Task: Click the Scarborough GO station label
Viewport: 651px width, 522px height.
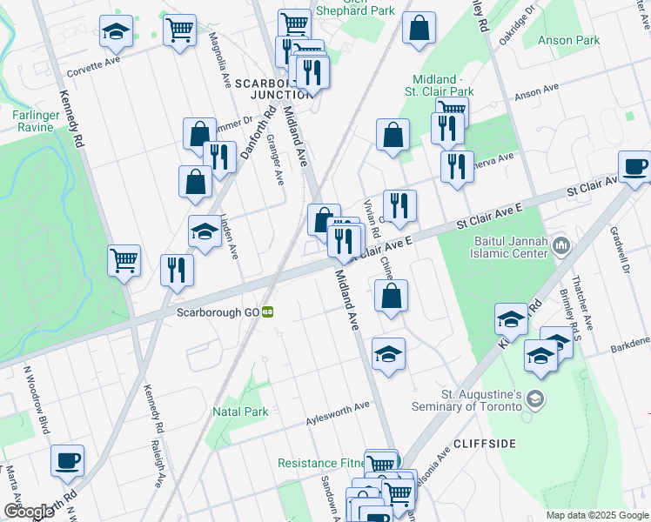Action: [x=218, y=311]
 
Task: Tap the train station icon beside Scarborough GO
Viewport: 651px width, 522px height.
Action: [x=270, y=311]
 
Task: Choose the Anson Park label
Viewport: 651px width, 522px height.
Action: [x=569, y=40]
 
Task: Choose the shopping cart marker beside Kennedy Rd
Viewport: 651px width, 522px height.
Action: [x=124, y=258]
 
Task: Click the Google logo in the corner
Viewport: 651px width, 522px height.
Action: [x=30, y=512]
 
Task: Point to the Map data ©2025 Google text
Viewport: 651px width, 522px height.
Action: [x=596, y=515]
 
